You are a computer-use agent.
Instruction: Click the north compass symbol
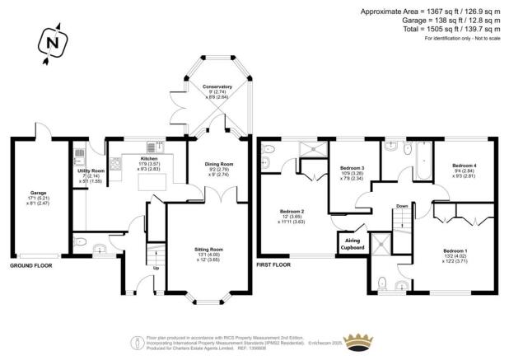[x=52, y=43]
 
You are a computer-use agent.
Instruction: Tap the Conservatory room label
[x=217, y=86]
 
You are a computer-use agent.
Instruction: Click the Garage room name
[x=38, y=193]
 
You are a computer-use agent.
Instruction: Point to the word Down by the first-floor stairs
[x=402, y=206]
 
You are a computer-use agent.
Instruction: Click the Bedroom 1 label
[x=455, y=250]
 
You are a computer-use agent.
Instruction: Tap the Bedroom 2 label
[x=294, y=211]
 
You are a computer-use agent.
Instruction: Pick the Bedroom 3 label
[x=353, y=168]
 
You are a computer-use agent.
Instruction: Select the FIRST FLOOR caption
[x=275, y=266]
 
